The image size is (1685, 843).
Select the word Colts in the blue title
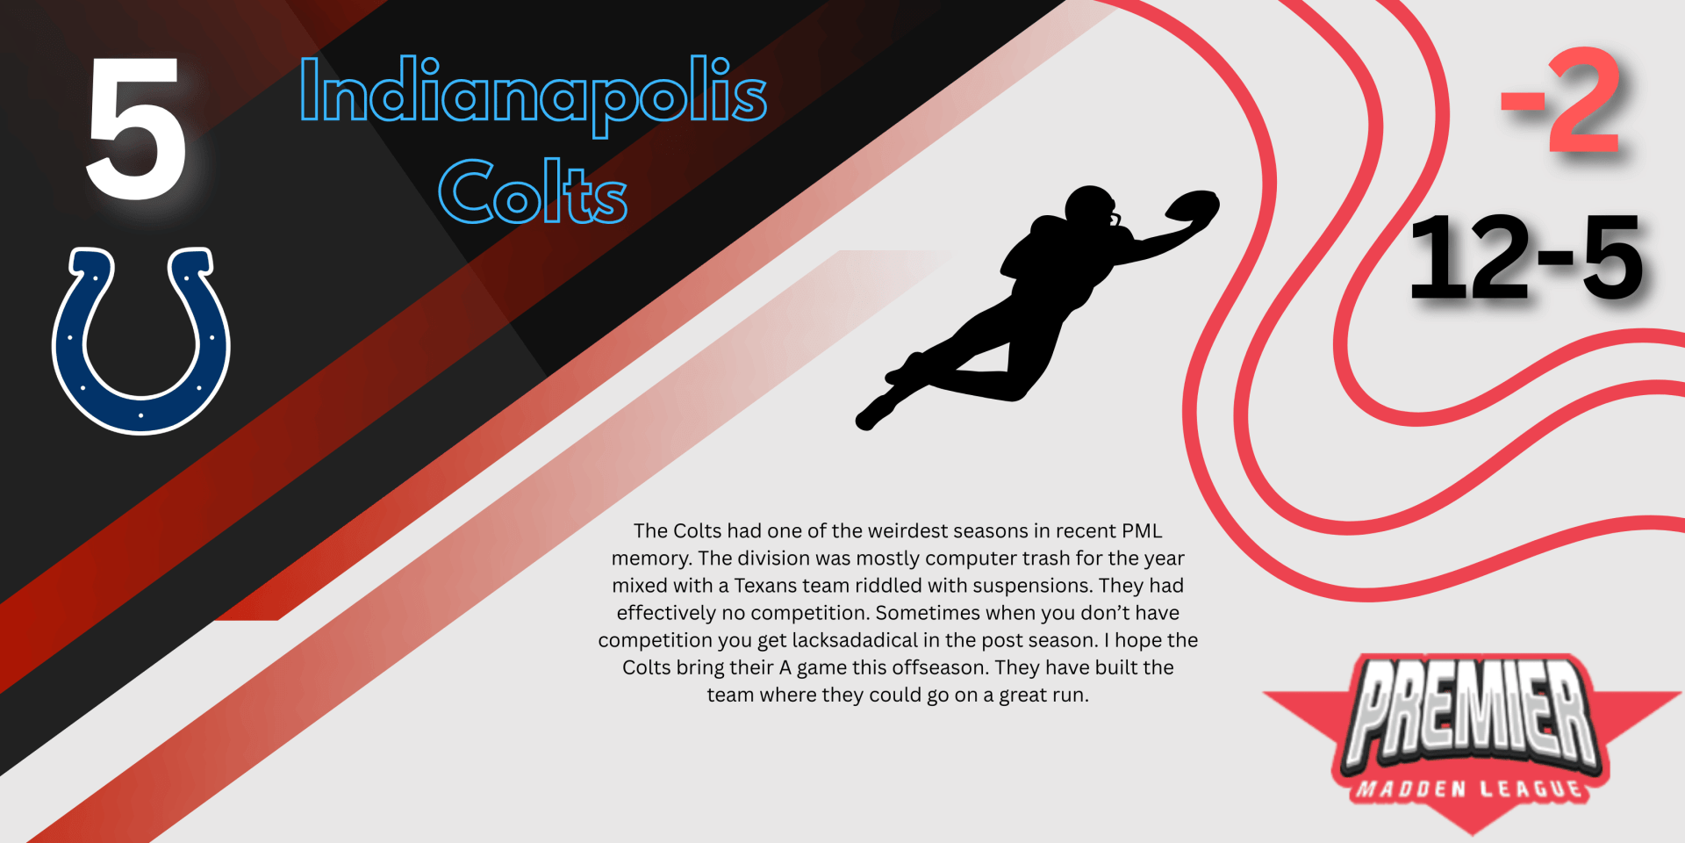click(533, 191)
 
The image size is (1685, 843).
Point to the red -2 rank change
click(1560, 100)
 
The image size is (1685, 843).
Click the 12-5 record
click(1526, 257)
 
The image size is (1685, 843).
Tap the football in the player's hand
click(1192, 207)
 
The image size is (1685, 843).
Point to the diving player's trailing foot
click(871, 416)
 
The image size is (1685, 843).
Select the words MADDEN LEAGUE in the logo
click(1471, 789)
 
